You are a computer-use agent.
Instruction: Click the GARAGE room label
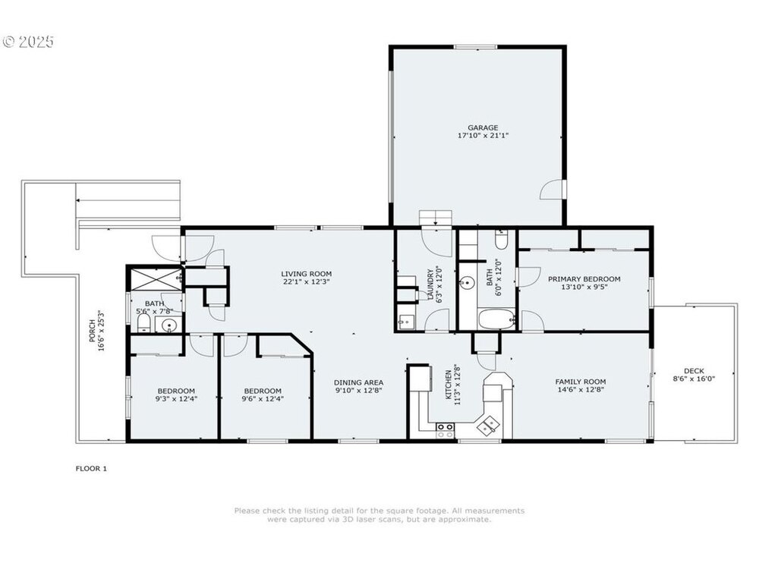pyautogui.click(x=483, y=127)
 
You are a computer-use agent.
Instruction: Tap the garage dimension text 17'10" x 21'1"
pyautogui.click(x=483, y=136)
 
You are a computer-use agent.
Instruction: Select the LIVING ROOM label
pyautogui.click(x=307, y=274)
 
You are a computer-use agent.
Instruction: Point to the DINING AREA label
pyautogui.click(x=359, y=382)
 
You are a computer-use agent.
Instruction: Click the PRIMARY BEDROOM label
pyautogui.click(x=584, y=278)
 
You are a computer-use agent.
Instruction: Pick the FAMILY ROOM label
pyautogui.click(x=581, y=382)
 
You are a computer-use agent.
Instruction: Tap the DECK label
pyautogui.click(x=694, y=371)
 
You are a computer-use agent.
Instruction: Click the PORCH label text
pyautogui.click(x=92, y=331)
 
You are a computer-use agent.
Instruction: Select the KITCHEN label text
pyautogui.click(x=449, y=385)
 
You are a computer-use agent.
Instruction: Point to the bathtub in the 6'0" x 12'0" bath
pyautogui.click(x=496, y=319)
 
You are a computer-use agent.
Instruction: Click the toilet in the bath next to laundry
pyautogui.click(x=501, y=239)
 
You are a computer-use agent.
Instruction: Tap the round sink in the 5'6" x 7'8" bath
pyautogui.click(x=168, y=325)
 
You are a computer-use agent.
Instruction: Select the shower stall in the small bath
pyautogui.click(x=154, y=279)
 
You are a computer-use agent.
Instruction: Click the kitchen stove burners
pyautogui.click(x=446, y=430)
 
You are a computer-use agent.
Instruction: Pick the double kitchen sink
pyautogui.click(x=488, y=426)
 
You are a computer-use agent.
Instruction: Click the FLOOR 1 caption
pyautogui.click(x=91, y=468)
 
